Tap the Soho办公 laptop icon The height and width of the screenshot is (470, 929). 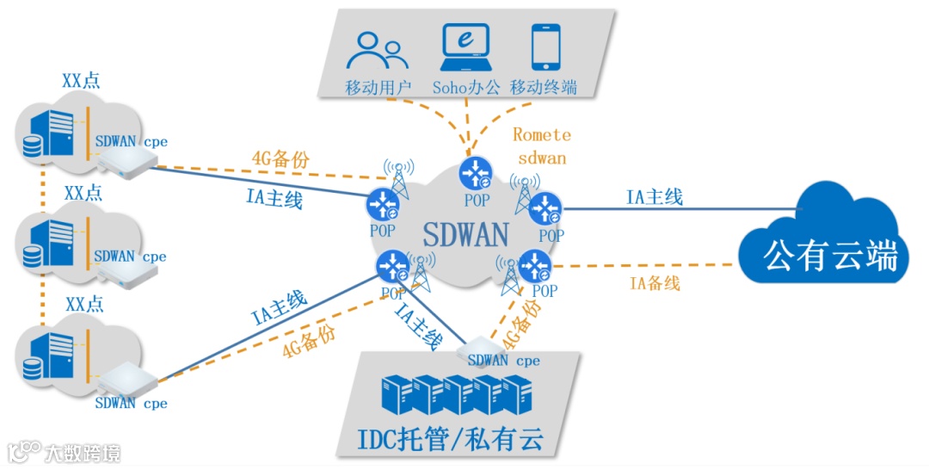(x=464, y=47)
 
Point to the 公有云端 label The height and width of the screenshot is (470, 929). (x=831, y=255)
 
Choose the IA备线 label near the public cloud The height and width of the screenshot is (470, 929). (x=655, y=283)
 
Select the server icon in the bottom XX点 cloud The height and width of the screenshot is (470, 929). (x=48, y=357)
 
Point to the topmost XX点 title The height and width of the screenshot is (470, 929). (x=81, y=81)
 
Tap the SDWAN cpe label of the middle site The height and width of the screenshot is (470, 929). (x=130, y=256)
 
